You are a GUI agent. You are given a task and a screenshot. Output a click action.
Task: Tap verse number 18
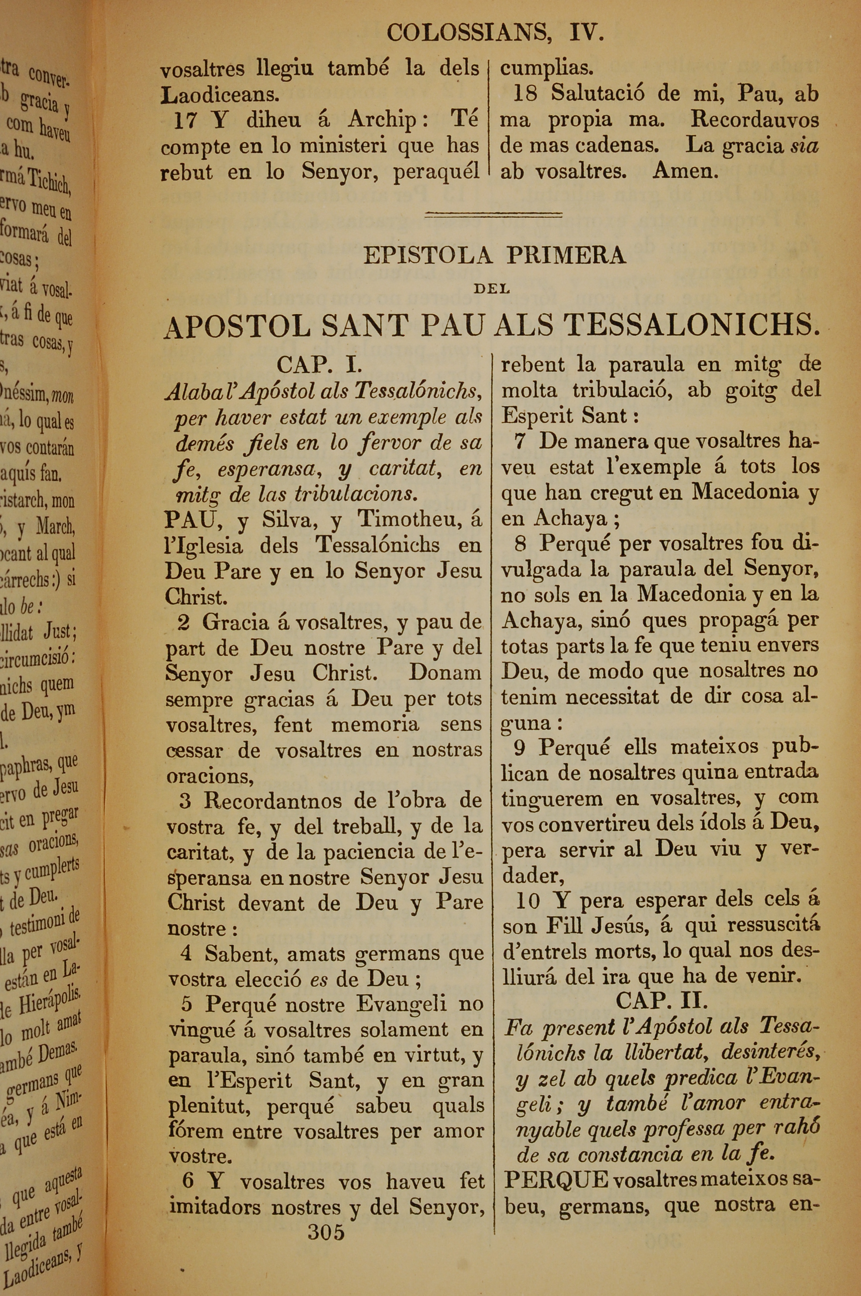coord(525,94)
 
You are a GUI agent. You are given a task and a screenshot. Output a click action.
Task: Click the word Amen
coord(685,172)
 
